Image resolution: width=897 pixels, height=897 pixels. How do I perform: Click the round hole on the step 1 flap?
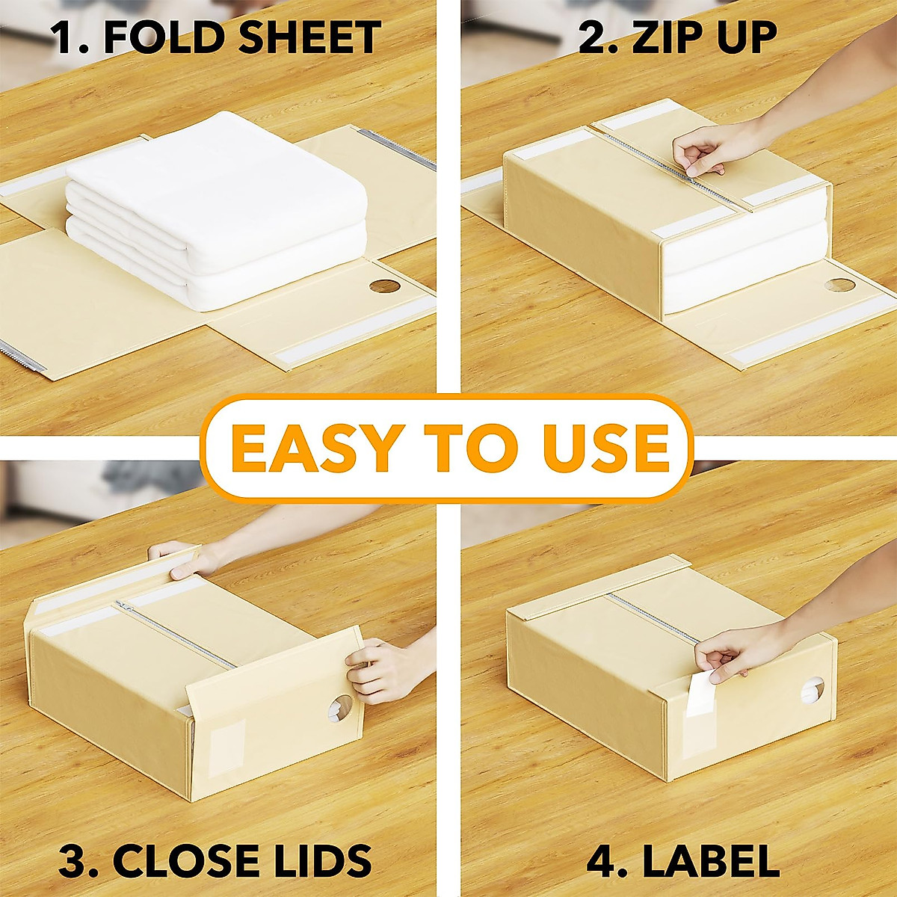pos(384,287)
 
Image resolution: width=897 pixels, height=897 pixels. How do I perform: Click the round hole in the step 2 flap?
pos(839,286)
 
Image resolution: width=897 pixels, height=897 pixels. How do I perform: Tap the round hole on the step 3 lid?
pos(341,706)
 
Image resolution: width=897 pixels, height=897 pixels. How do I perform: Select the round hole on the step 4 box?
pos(812,691)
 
